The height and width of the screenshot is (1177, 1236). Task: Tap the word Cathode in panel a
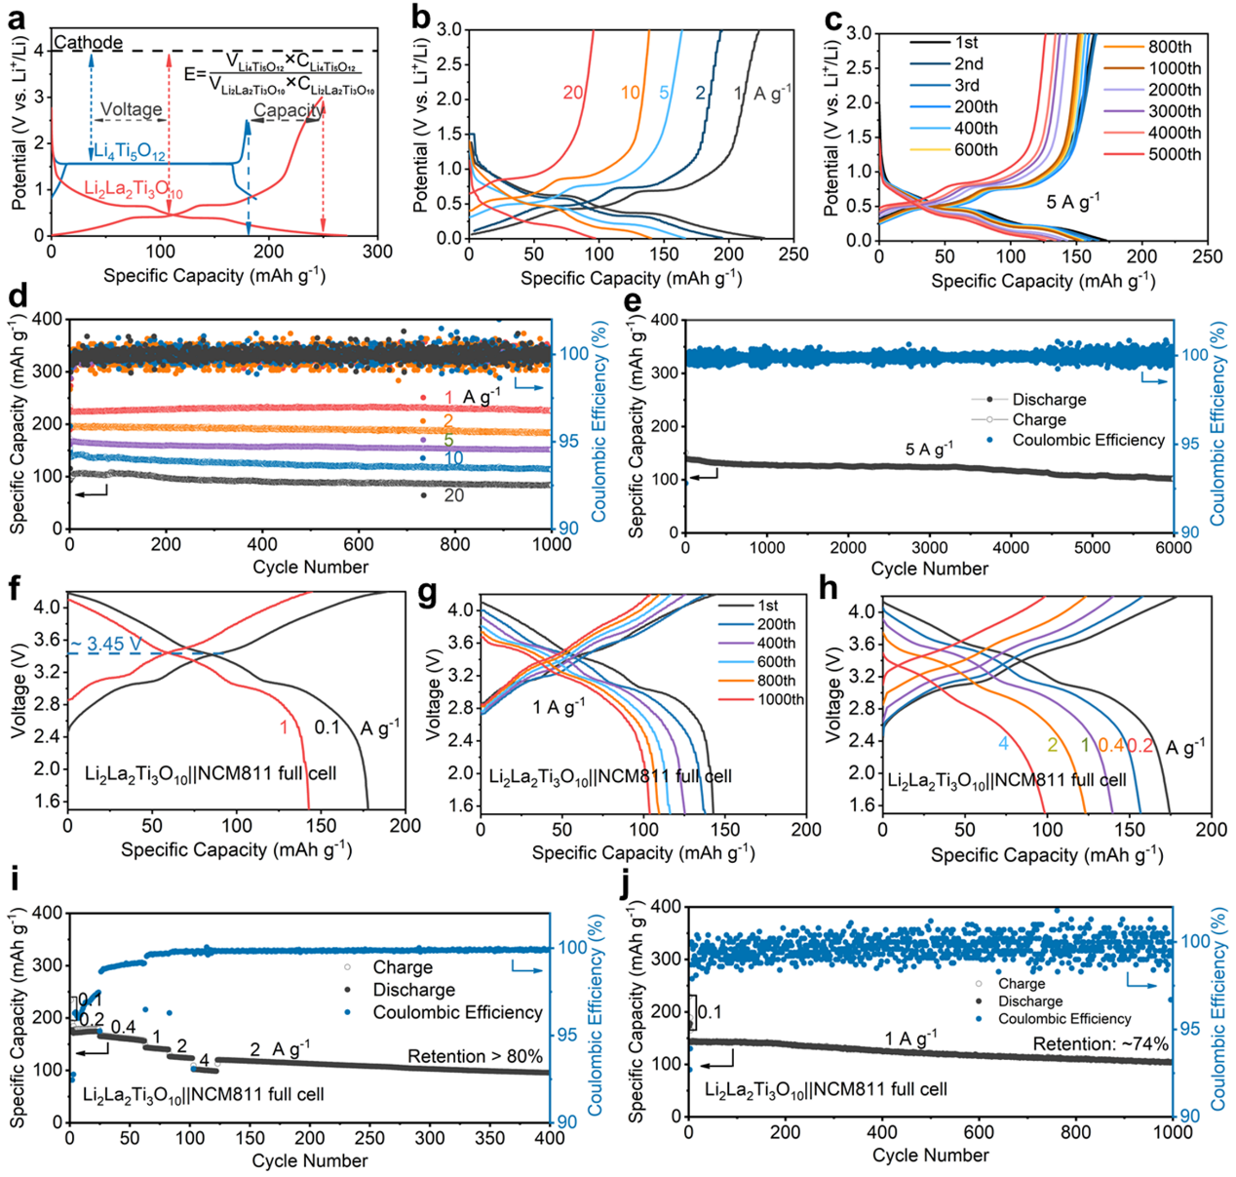point(89,43)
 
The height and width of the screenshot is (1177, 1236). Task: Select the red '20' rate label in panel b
point(573,93)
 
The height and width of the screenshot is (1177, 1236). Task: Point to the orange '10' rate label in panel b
point(631,93)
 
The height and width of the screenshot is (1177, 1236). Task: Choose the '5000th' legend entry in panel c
point(1175,154)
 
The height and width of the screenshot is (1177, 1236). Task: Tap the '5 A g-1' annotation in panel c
point(1073,203)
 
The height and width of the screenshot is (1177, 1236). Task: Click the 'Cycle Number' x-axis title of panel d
point(310,568)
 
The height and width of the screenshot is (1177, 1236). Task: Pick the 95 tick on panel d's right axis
point(568,441)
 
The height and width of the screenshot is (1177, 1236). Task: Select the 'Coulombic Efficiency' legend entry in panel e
point(1088,440)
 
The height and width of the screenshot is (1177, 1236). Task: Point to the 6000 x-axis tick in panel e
point(1173,548)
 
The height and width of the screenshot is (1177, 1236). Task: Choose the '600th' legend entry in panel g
point(776,662)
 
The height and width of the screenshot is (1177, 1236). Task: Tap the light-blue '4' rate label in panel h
point(1003,745)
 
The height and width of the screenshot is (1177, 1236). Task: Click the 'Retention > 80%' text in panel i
point(474,1056)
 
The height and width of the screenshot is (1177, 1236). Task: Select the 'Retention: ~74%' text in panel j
point(1101,1044)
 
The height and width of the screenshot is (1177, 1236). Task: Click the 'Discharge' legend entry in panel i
point(414,990)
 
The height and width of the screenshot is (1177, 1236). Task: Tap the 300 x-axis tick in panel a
point(377,252)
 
